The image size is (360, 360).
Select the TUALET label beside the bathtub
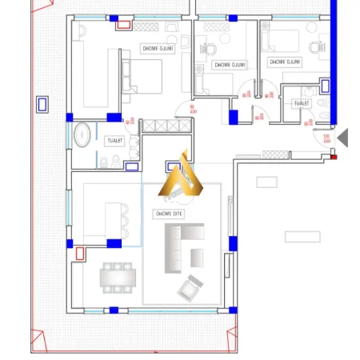tap(114, 141)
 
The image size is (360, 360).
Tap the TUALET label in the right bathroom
tap(302, 103)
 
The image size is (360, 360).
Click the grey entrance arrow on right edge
tap(342, 138)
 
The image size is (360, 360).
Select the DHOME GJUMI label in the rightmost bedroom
tap(285, 62)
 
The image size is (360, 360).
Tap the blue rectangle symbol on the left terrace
tap(42, 103)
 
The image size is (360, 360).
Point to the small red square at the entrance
tap(334, 157)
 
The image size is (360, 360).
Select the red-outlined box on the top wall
tap(124, 24)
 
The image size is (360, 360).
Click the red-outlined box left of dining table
tap(80, 254)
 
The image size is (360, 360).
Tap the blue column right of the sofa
tap(233, 243)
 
